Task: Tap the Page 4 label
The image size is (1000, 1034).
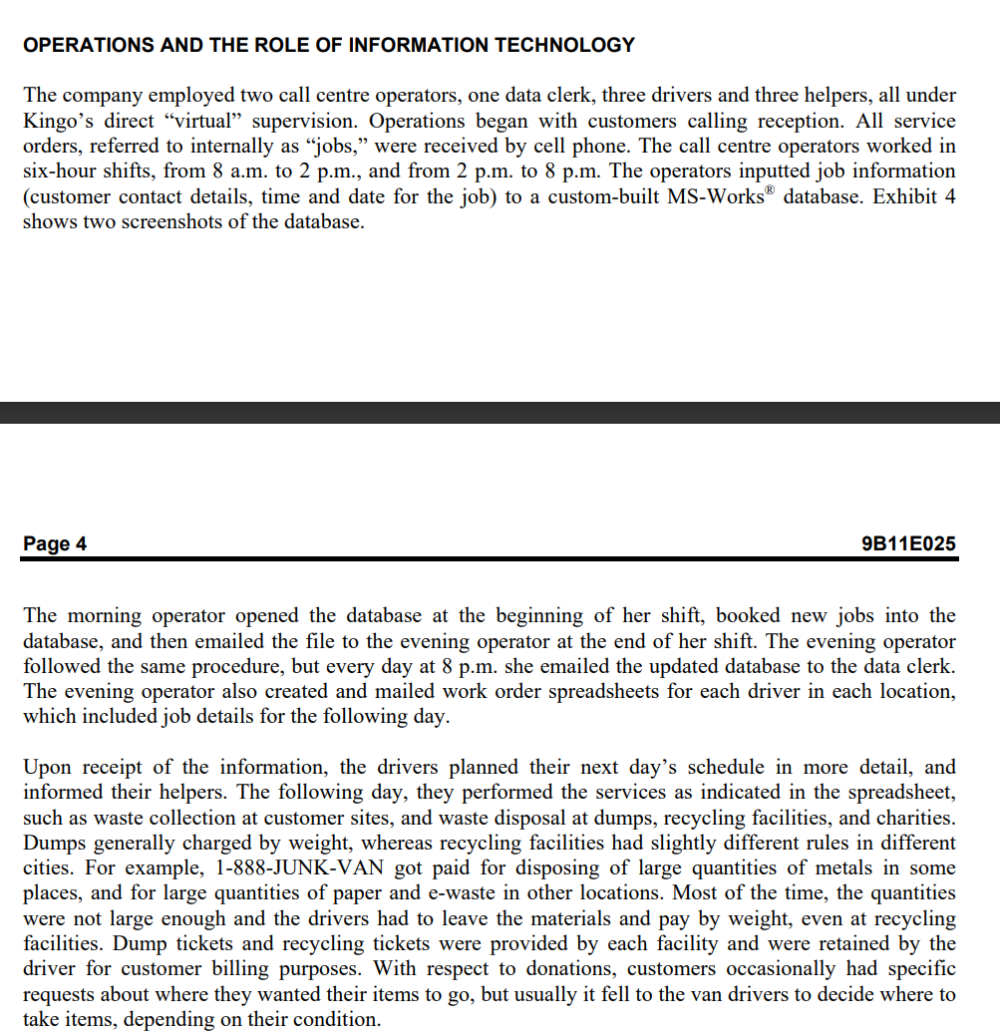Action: [x=55, y=543]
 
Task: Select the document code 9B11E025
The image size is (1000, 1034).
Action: [x=907, y=543]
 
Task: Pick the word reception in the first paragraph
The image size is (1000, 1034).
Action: [x=745, y=121]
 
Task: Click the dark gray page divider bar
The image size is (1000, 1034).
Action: [x=500, y=412]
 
